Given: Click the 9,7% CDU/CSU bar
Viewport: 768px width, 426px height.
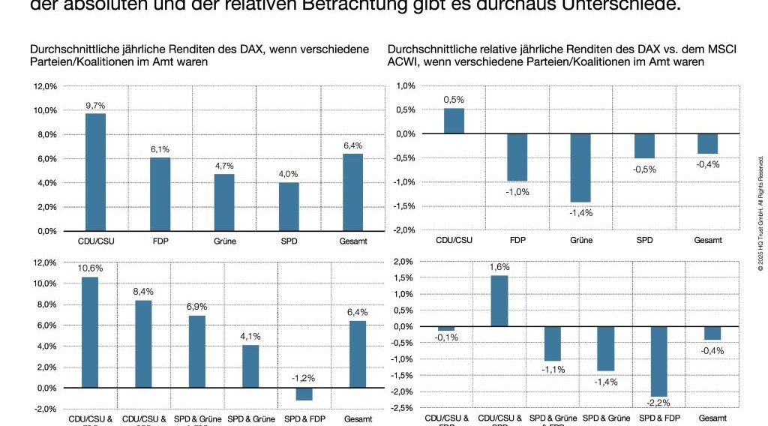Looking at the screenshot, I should pyautogui.click(x=95, y=172).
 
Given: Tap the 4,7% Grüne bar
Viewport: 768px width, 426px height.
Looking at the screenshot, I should pyautogui.click(x=224, y=202).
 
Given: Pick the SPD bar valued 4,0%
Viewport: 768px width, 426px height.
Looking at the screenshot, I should pyautogui.click(x=289, y=206).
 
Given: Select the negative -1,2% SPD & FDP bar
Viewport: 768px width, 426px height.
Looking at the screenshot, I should pyautogui.click(x=304, y=394).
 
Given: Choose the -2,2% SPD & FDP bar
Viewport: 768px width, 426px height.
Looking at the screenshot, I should pyautogui.click(x=658, y=361).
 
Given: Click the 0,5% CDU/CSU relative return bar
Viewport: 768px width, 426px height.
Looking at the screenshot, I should pyautogui.click(x=454, y=121).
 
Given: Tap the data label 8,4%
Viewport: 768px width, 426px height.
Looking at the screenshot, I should pyautogui.click(x=143, y=292).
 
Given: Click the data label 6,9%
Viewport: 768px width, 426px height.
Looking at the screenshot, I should pyautogui.click(x=196, y=307).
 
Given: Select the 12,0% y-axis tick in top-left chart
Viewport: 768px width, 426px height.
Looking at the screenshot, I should pyautogui.click(x=45, y=86).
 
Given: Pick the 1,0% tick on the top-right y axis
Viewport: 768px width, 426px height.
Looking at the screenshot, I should pyautogui.click(x=404, y=86).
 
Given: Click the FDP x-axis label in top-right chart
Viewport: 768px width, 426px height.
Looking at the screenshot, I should pyautogui.click(x=517, y=241).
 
